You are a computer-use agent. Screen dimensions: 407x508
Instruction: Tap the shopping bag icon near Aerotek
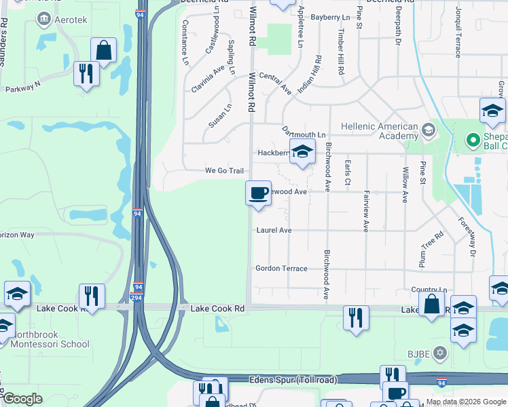103,50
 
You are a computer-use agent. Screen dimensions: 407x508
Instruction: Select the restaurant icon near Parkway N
86,73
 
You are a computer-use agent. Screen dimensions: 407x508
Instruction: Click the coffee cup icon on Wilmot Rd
258,193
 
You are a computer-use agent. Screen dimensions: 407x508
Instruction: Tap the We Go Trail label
224,171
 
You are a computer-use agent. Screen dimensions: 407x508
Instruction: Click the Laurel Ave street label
274,231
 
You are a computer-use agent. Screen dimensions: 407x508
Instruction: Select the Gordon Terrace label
281,269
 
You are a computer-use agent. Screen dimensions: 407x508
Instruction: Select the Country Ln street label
429,289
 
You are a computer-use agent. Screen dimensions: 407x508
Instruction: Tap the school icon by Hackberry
303,151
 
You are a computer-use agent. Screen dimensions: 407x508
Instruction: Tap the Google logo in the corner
22,399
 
